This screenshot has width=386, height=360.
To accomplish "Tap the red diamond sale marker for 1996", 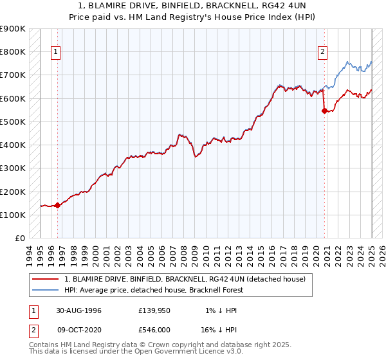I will (x=57, y=206).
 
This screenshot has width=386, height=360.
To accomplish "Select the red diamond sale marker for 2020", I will (x=324, y=111).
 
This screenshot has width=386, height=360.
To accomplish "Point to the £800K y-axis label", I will (x=13, y=51).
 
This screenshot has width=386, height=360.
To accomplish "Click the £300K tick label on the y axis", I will (x=13, y=168).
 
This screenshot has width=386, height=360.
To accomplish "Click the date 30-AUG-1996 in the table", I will (x=79, y=310).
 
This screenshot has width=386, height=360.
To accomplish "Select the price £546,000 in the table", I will (x=154, y=329).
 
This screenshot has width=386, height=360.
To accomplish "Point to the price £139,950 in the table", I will (x=154, y=310).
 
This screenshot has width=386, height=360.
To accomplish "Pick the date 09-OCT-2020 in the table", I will (x=79, y=329).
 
